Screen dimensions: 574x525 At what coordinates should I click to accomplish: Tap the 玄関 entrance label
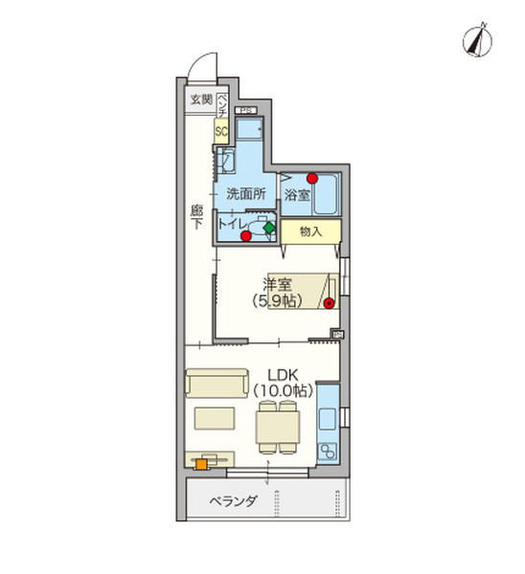200,99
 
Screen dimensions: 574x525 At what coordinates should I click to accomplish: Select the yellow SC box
220,132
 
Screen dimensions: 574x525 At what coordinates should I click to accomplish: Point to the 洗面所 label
245,193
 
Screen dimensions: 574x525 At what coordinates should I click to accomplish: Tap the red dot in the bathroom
312,178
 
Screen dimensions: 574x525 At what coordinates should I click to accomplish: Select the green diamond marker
269,229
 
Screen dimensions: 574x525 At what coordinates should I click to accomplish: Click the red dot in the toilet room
246,235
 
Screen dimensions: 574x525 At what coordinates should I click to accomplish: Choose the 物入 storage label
309,232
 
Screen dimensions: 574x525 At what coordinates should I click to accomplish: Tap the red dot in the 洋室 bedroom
329,303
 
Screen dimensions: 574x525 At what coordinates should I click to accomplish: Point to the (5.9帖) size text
278,300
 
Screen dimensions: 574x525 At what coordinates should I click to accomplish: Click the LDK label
283,373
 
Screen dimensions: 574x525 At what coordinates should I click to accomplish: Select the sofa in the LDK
217,384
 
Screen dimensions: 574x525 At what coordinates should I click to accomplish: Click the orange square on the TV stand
201,465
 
